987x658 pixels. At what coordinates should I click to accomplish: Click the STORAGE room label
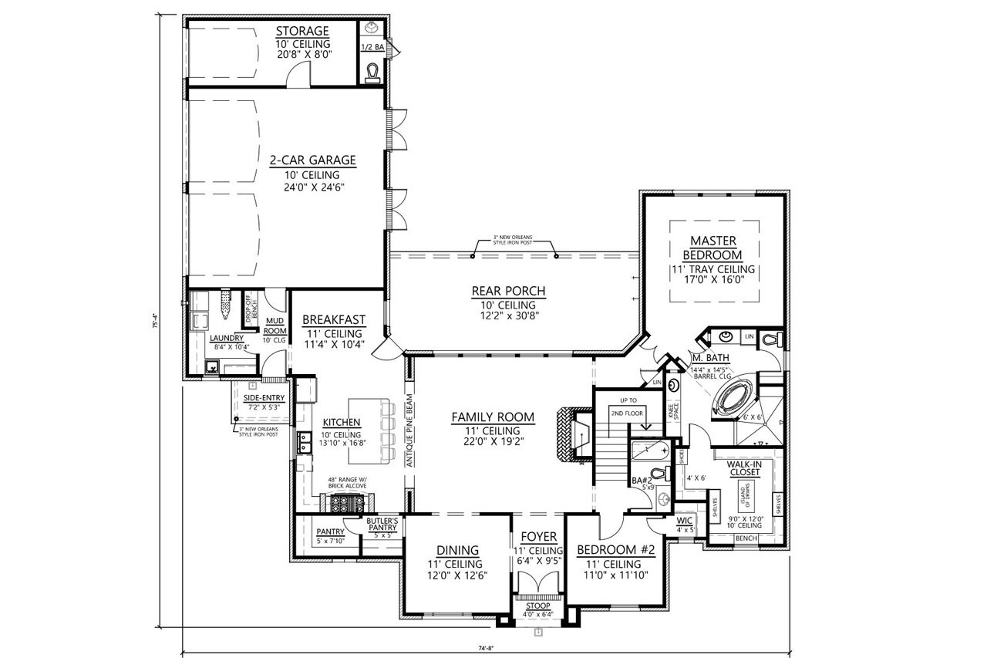click(302, 31)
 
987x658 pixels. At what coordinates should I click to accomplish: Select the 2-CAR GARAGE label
click(312, 160)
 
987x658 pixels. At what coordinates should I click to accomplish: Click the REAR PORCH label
click(508, 291)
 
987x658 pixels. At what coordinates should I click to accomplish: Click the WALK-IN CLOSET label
click(744, 467)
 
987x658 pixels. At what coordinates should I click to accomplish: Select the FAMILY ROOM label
click(493, 417)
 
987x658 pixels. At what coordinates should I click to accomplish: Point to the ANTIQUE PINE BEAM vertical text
click(411, 431)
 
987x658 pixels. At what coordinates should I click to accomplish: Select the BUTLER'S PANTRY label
click(382, 525)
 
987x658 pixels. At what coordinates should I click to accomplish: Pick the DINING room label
click(458, 550)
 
